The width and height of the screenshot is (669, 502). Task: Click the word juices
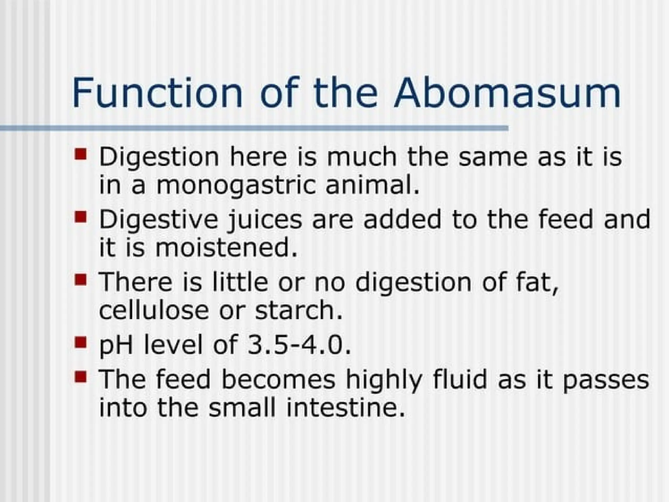click(x=266, y=220)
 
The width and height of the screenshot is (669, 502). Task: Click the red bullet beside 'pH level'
click(x=80, y=342)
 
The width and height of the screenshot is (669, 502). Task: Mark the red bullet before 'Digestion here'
click(x=80, y=154)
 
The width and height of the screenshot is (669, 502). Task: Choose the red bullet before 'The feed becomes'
click(x=80, y=377)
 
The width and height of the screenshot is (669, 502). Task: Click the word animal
click(x=372, y=185)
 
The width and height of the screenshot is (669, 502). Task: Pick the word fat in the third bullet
click(x=536, y=282)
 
